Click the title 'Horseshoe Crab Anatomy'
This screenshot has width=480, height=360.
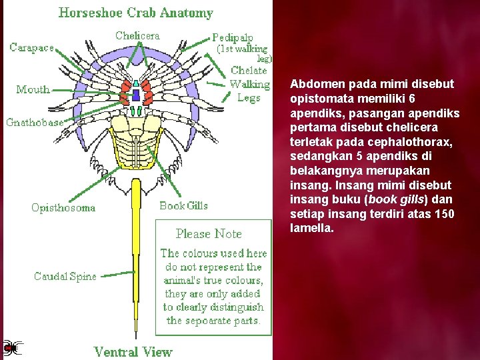tap(136, 13)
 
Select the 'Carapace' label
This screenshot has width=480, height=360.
tap(32, 48)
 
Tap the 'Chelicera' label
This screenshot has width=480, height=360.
tap(137, 35)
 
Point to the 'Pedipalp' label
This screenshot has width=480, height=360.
tap(233, 38)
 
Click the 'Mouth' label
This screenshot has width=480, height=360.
tap(33, 89)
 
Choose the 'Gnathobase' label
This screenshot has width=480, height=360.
tap(35, 122)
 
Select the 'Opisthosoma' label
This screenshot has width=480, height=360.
tap(63, 208)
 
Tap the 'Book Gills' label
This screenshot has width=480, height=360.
tap(183, 206)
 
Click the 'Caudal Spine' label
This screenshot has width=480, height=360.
tap(65, 276)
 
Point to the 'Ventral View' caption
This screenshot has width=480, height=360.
tap(133, 351)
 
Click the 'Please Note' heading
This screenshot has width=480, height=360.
tap(209, 234)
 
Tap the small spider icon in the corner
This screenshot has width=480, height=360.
tap(11, 347)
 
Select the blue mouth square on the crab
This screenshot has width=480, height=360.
tap(136, 95)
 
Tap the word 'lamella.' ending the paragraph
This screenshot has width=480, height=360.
tap(312, 229)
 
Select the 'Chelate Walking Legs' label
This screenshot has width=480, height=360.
tap(249, 84)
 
